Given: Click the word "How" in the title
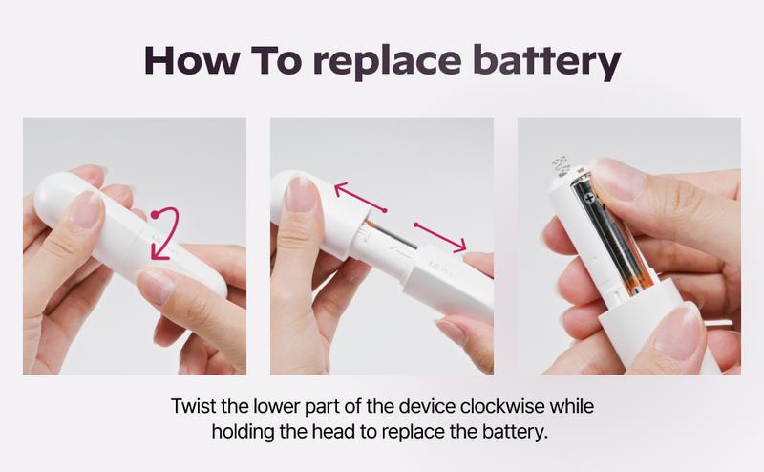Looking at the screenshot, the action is pos(192,60).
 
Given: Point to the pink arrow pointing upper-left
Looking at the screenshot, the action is pos(361,197).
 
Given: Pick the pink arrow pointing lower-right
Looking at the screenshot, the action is pos(440,238).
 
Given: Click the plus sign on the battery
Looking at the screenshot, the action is pos(590,199).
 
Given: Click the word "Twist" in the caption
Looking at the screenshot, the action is pos(194,406).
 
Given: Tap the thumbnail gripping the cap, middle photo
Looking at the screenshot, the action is pos(300,194).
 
